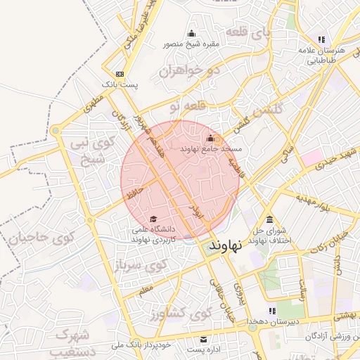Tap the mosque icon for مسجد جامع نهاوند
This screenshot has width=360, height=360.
pos(211,138)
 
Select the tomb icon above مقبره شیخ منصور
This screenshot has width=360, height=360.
pos(191,34)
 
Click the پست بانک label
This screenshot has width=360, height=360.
pos(120,84)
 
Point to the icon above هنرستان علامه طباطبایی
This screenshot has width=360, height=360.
pos(321,39)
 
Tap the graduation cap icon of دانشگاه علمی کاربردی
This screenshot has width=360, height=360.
pos(153,219)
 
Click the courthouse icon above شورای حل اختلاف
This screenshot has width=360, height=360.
pos(270,219)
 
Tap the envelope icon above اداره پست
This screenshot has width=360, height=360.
pos(205,338)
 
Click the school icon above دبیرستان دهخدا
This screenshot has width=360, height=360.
pos(271,311)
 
